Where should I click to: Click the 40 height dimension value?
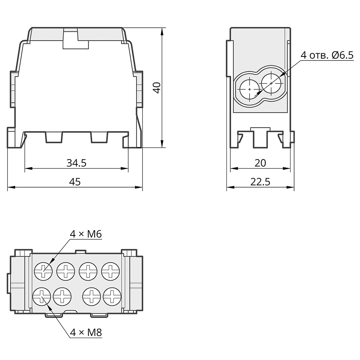click(157, 88)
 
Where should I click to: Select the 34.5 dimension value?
click(76, 163)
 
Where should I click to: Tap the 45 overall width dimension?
click(75, 181)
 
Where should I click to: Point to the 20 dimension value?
click(260, 163)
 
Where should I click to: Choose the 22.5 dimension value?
click(260, 181)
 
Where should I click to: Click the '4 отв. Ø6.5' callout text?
click(327, 55)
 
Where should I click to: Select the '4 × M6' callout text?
click(86, 234)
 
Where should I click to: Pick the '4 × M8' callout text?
click(86, 332)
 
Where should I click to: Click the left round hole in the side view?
click(250, 89)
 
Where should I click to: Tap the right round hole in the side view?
click(271, 83)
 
